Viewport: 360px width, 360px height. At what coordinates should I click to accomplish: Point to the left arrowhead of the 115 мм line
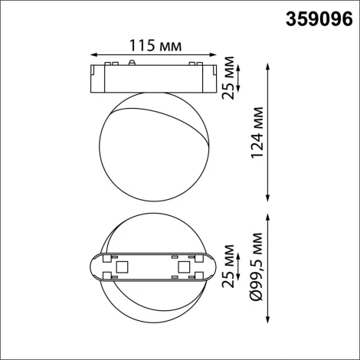pos(93,55)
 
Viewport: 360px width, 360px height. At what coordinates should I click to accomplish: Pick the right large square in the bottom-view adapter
pos(182,267)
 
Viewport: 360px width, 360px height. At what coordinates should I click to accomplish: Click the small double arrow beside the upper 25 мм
pos(242,77)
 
